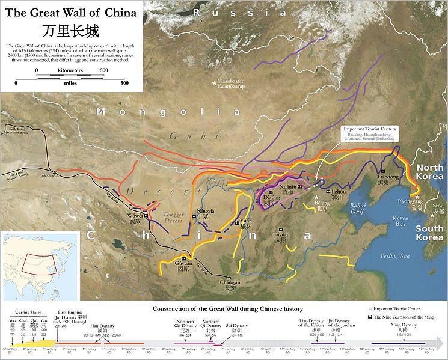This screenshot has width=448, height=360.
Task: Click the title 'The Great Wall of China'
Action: tap(70, 12)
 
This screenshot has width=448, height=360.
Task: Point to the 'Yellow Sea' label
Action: tap(394, 256)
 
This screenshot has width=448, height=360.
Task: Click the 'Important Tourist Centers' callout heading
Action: tap(369, 129)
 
